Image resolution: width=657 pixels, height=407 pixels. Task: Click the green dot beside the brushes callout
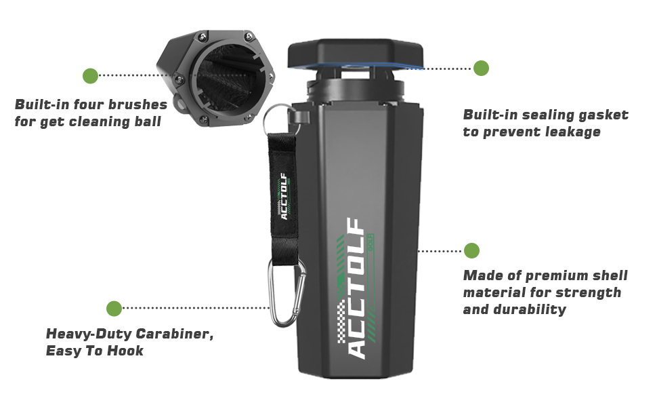90,76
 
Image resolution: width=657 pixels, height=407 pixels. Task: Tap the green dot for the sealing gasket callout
481,68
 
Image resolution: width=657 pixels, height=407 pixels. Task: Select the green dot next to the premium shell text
471,250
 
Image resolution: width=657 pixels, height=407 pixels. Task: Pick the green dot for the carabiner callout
114,309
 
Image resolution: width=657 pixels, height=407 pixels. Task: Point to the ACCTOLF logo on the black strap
284,197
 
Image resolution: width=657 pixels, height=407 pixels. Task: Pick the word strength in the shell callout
587,292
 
